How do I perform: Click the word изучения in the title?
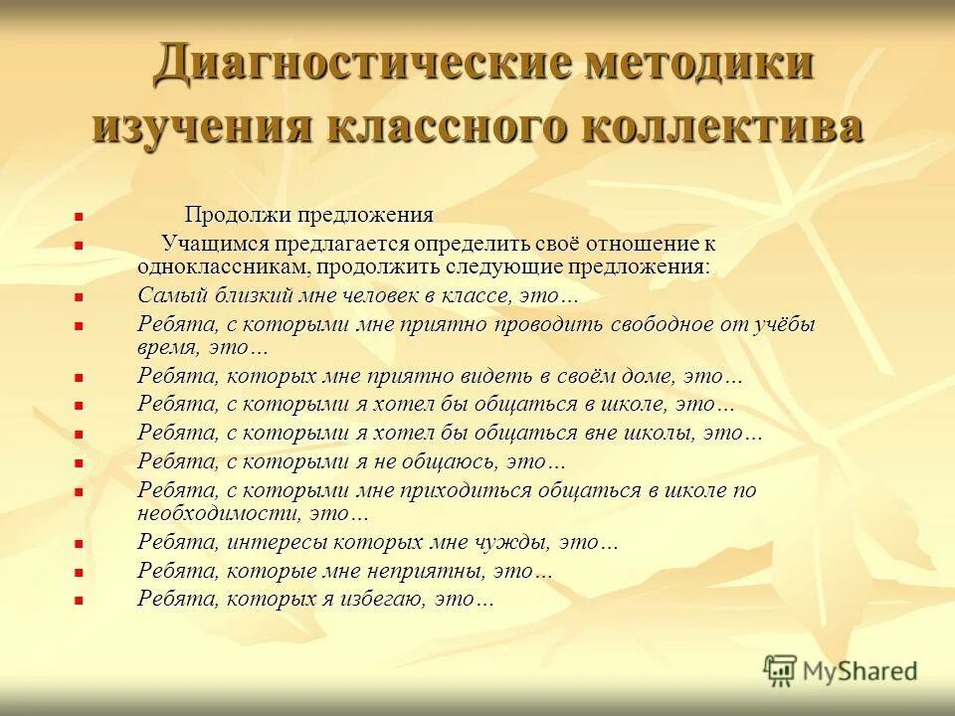coord(199,129)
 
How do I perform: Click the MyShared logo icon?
coord(781,671)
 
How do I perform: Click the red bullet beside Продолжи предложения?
coord(79,215)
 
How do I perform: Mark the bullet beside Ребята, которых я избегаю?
coord(79,600)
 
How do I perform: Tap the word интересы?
coord(278,543)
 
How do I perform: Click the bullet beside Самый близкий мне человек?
coord(79,296)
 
